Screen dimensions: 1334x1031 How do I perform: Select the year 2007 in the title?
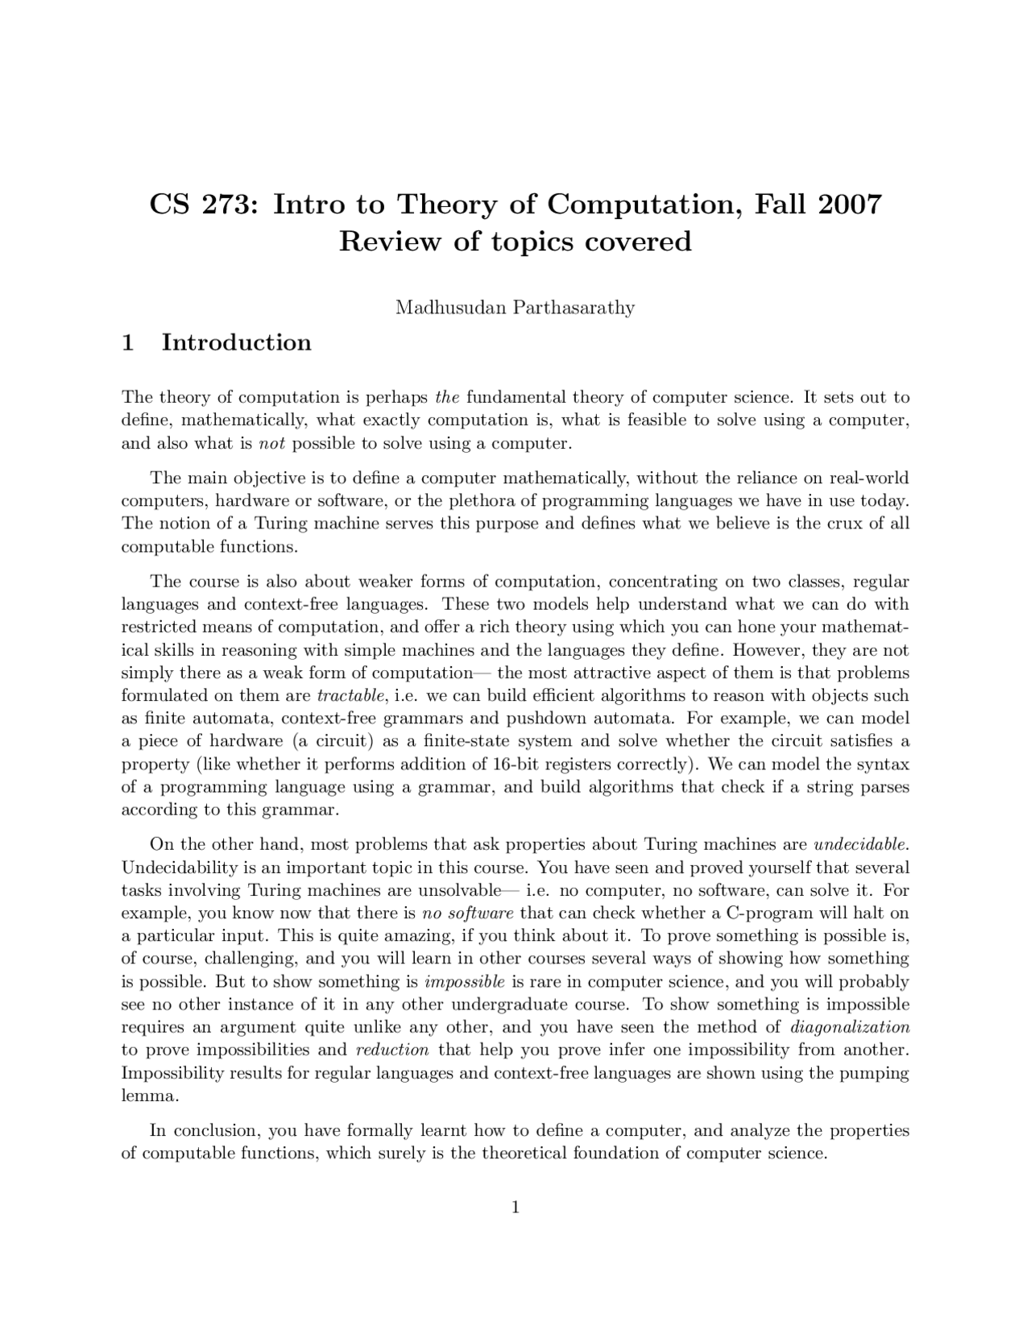[x=850, y=205]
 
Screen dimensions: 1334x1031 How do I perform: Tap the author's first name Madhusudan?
[x=449, y=308]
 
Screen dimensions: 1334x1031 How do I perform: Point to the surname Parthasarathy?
[x=573, y=308]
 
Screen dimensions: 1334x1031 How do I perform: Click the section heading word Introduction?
[x=236, y=342]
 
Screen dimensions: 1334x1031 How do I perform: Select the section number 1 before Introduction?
[x=127, y=342]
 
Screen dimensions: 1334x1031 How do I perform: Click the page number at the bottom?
[x=515, y=1207]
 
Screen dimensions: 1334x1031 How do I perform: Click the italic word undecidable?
[x=861, y=845]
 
